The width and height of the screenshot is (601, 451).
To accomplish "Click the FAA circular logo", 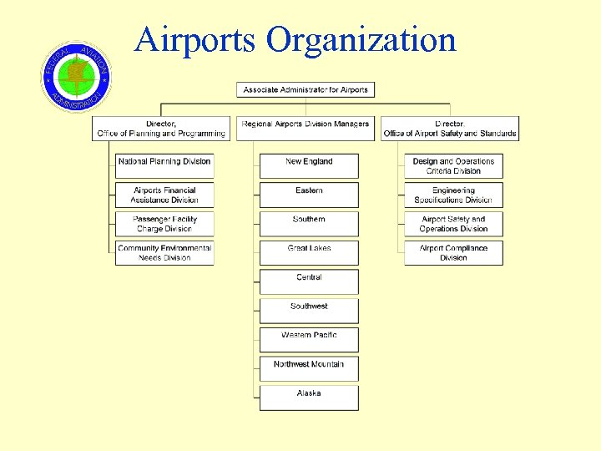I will tap(76, 77).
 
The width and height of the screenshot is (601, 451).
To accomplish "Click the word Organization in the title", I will tap(361, 39).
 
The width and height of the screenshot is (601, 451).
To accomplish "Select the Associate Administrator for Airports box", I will tap(306, 90).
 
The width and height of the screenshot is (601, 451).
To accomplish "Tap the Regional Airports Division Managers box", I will tap(305, 128).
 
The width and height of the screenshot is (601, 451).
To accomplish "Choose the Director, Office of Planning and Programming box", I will tap(161, 128).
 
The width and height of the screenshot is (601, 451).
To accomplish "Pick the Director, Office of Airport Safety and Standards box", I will tap(450, 128).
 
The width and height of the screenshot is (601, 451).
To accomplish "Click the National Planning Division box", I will tap(164, 165).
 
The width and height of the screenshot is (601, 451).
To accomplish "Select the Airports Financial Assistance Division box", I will tap(164, 195).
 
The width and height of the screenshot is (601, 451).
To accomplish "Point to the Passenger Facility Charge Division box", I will tap(164, 224).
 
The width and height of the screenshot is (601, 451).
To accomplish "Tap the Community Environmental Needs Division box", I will tap(164, 252).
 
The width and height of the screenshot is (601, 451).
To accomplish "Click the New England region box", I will tap(309, 165).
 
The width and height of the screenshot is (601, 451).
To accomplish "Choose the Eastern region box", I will tap(309, 195).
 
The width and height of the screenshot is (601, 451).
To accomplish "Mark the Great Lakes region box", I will tap(309, 252).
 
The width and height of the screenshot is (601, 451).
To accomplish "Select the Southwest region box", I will tap(309, 310).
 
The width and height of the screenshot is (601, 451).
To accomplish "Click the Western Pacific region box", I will tap(309, 339).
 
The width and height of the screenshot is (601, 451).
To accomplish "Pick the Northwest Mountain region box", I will tap(309, 367).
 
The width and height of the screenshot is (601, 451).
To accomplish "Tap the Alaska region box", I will tap(309, 397).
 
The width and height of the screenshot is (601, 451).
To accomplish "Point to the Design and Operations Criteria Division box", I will tap(453, 165).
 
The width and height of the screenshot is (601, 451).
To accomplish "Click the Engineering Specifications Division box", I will tap(453, 195).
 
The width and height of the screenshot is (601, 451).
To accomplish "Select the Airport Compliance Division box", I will tap(453, 252).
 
